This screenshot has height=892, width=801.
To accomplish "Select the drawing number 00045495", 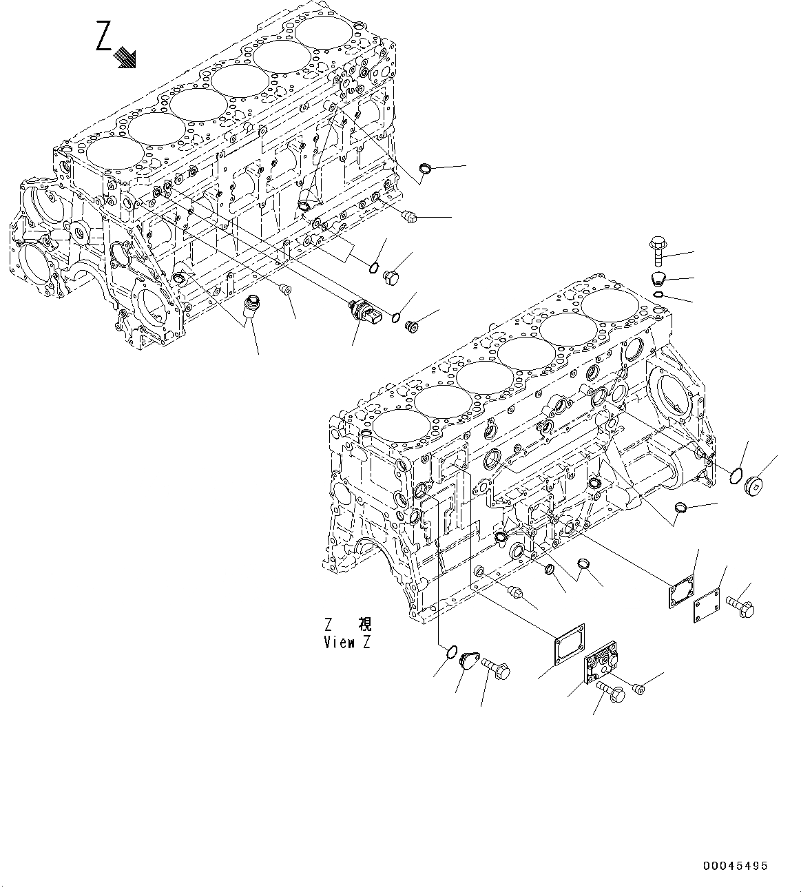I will [x=736, y=866].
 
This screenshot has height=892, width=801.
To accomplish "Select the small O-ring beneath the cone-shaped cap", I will [x=658, y=295].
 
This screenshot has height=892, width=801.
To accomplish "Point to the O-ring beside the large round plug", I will [x=736, y=474].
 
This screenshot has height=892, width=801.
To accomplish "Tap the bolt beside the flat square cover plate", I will [x=740, y=608].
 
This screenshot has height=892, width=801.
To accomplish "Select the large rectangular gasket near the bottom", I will [x=569, y=645].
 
